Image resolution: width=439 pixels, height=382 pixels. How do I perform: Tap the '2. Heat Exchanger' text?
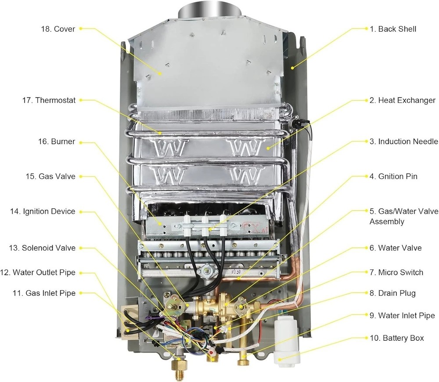pos(402,100)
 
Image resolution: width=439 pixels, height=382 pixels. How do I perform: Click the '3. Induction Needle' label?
pos(403,142)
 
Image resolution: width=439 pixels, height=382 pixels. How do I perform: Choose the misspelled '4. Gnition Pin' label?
pos(393,176)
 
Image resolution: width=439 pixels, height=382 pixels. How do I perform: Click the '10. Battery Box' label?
pos(396,338)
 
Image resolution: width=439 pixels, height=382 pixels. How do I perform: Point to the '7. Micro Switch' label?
pos(396,273)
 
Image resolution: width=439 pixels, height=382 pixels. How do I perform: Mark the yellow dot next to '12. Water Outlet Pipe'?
pos(82,273)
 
